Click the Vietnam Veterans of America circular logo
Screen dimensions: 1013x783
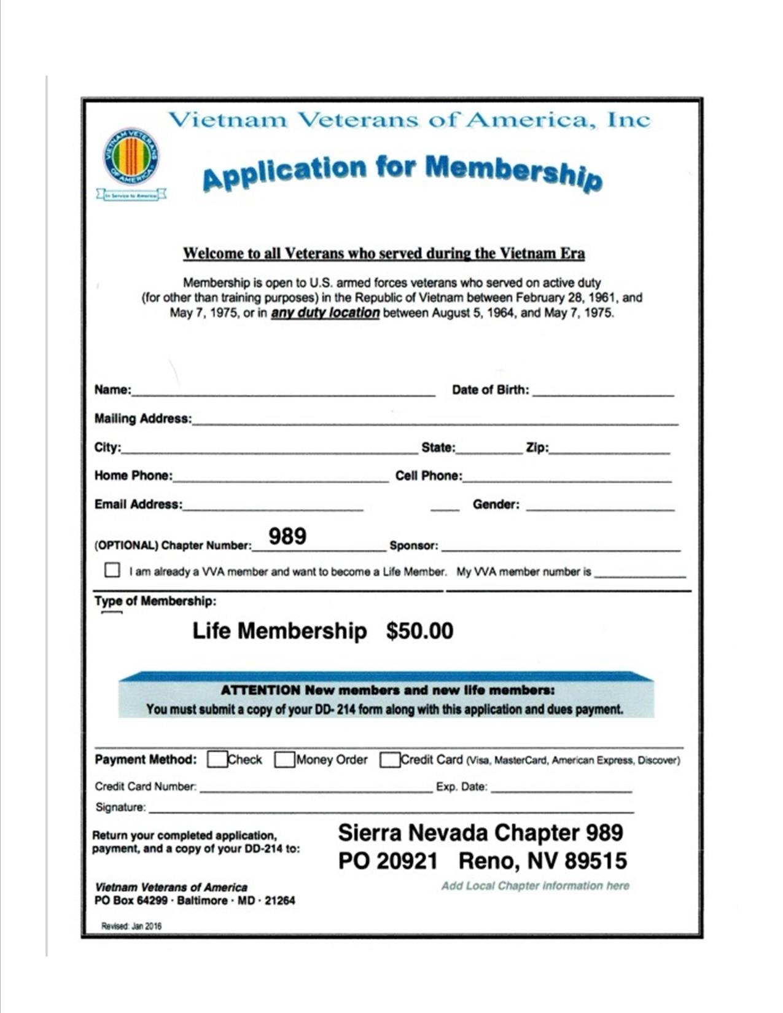coord(131,157)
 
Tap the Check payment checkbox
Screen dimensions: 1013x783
coord(217,760)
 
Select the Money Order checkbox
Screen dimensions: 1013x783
coord(284,760)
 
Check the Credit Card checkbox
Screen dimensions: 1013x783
coord(389,760)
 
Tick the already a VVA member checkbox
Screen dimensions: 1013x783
coord(112,570)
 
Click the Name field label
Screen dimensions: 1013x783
coord(112,389)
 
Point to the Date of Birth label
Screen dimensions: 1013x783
coord(490,389)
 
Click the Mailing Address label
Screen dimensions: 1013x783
coord(142,418)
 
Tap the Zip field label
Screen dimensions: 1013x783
coord(537,447)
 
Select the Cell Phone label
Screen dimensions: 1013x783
coord(428,475)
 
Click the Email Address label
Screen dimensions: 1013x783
coord(138,504)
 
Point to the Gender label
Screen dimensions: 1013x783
coord(496,504)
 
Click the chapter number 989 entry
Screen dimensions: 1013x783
coord(287,536)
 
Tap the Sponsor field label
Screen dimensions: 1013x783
coord(413,546)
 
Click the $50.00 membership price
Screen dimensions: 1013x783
coord(419,631)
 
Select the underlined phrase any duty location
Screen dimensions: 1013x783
coord(325,313)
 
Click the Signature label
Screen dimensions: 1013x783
coord(120,807)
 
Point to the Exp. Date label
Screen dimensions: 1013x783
coord(461,786)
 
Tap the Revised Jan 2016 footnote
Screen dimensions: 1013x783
coord(131,926)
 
